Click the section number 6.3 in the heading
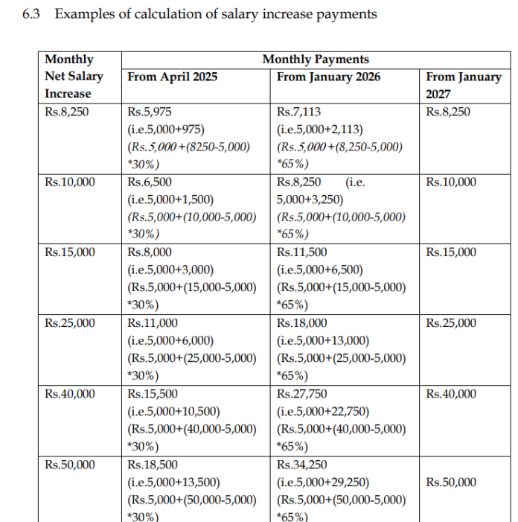[33, 13]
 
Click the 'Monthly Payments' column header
[315, 60]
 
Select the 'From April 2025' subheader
[173, 77]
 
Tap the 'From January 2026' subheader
[328, 77]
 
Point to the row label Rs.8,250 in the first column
[67, 112]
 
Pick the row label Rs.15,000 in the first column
[70, 252]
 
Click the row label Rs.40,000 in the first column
[70, 394]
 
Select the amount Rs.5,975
[150, 112]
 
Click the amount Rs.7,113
[298, 112]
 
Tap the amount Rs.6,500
[150, 182]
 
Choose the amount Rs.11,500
[301, 252]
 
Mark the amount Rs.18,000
[301, 323]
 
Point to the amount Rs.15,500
[153, 394]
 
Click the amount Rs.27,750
[301, 394]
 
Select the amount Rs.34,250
[301, 465]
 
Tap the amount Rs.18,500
[153, 465]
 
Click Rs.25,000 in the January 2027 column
[451, 323]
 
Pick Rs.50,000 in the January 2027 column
[451, 483]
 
